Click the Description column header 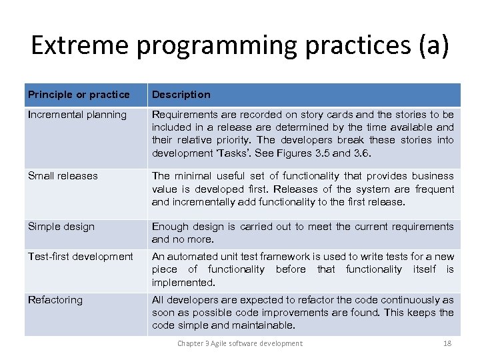coord(181,95)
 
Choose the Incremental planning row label coord(77,115)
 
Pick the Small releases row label coord(63,176)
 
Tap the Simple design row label coord(61,227)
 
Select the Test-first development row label coord(81,257)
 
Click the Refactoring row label coord(55,300)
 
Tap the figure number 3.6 coord(359,153)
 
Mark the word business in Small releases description coord(433,176)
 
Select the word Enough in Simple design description coord(170,227)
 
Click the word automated coord(192,257)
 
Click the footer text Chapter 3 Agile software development coord(239,343)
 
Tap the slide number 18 coord(447,343)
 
